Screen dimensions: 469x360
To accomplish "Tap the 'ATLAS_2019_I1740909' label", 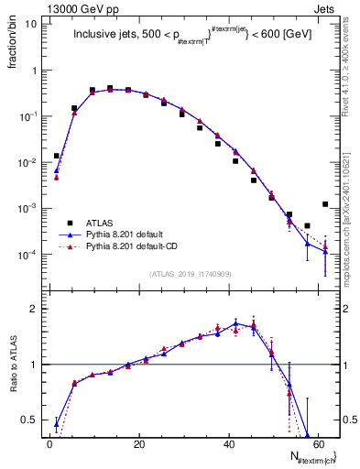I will coord(191,274).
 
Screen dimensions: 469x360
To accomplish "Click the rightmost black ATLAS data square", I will coord(325,204).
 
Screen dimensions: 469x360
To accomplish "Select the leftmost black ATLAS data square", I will coord(57,156).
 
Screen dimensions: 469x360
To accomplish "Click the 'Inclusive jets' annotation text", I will coord(106,37).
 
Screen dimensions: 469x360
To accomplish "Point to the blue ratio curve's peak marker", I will coord(235,323).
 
